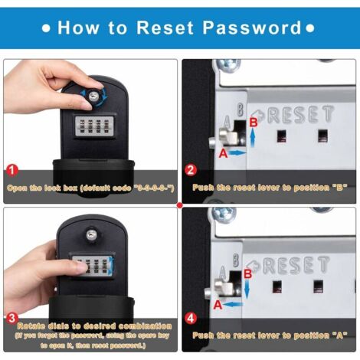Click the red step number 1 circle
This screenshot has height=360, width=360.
click(11, 170)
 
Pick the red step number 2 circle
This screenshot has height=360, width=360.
click(191, 170)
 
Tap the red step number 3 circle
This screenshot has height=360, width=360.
click(11, 317)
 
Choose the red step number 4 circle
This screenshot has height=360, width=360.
click(191, 317)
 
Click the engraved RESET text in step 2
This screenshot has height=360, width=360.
click(299, 116)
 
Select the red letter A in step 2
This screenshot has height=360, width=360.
click(223, 152)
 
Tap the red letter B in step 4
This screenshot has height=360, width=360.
click(247, 273)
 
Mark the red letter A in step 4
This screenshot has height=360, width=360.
click(218, 304)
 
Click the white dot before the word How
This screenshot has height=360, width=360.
click(47, 29)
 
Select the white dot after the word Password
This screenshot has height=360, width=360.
click(310, 29)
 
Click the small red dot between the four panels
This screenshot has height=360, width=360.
click(179, 205)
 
